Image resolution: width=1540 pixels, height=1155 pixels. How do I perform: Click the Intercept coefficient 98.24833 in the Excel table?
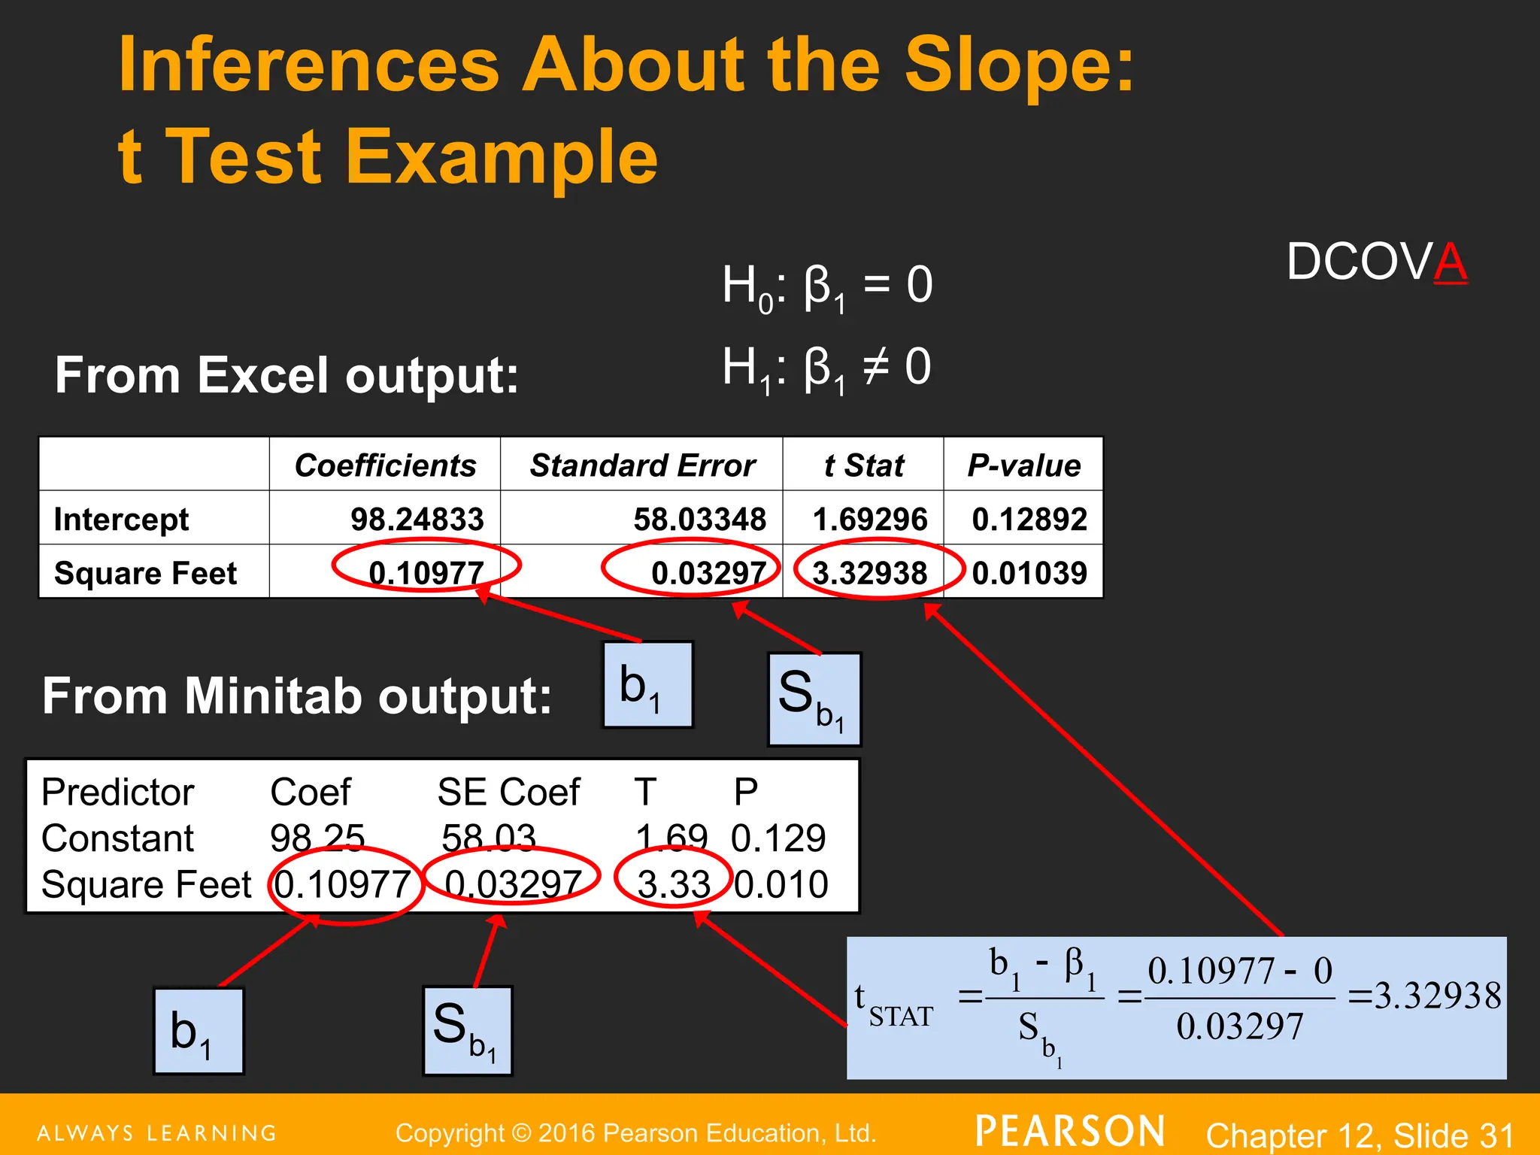[x=417, y=519]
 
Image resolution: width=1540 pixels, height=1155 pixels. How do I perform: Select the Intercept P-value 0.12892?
[x=1029, y=519]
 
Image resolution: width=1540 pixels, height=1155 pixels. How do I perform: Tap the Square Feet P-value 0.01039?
[x=1029, y=573]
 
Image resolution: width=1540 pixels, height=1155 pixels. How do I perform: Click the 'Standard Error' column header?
[x=642, y=465]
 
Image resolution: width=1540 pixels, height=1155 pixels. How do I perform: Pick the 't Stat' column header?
[x=863, y=465]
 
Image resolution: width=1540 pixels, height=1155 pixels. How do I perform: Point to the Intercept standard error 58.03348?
[x=699, y=519]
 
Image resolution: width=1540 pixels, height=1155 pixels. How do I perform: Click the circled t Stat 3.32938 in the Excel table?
[x=870, y=573]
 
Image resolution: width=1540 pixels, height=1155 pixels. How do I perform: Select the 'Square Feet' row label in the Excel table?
[x=145, y=573]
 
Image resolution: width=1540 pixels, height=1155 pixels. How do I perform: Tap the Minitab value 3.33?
[x=673, y=884]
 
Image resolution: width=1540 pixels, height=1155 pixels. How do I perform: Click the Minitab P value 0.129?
[x=778, y=838]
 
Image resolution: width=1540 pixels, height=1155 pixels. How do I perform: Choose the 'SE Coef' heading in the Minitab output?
[x=508, y=792]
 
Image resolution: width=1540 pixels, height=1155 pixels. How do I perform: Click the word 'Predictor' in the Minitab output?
[x=118, y=792]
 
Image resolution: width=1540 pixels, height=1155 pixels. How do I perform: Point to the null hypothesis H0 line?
[x=827, y=286]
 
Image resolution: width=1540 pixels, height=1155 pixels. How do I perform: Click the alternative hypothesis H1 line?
[x=826, y=368]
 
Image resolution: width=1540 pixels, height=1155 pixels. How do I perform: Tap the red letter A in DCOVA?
[x=1450, y=262]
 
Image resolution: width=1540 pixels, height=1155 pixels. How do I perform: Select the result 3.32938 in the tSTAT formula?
[x=1436, y=996]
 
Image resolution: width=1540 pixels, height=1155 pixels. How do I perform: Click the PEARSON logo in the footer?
[x=1070, y=1131]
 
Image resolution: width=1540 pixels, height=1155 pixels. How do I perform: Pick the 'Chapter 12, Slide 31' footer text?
[x=1360, y=1134]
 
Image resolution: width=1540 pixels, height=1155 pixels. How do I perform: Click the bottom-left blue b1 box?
[x=199, y=1031]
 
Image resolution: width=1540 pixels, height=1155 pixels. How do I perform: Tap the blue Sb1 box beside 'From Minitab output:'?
[x=814, y=699]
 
